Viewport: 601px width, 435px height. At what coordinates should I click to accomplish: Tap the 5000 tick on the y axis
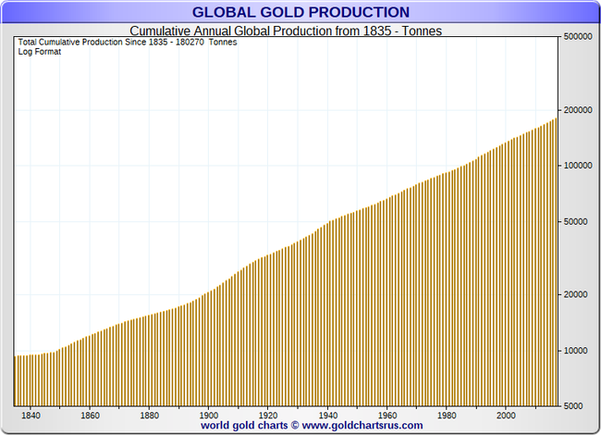(574, 406)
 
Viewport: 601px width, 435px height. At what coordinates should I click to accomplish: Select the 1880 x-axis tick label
(149, 416)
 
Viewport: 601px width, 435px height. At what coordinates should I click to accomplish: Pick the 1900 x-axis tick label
(208, 416)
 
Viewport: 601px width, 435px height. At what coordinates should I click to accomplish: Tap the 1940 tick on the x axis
(327, 416)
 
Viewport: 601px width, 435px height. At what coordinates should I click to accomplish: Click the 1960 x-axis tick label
(386, 416)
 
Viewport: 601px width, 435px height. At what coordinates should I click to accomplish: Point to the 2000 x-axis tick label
(506, 416)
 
